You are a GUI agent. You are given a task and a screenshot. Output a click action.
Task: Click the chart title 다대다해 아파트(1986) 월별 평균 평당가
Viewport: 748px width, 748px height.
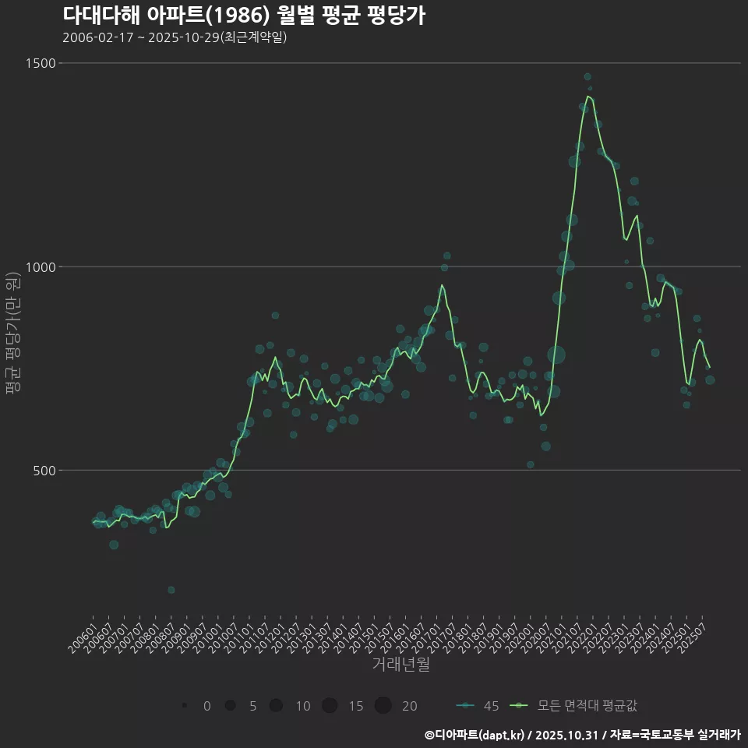tap(243, 16)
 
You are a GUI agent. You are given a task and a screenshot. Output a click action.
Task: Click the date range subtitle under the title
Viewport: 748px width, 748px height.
tap(175, 37)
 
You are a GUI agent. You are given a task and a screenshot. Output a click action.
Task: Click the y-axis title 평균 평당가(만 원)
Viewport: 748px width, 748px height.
tap(12, 335)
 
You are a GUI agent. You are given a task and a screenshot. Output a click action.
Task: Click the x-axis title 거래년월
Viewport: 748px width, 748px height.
tap(400, 664)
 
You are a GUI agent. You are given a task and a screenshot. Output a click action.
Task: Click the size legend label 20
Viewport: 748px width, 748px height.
tap(409, 706)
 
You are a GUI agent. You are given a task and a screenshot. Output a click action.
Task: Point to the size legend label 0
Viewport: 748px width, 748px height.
tap(206, 706)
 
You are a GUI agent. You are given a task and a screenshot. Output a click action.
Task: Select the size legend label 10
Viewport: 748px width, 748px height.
tap(302, 706)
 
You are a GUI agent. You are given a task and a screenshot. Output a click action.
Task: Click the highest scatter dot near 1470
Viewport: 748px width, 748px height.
tap(587, 77)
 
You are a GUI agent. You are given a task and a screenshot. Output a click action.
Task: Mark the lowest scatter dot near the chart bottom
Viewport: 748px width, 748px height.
tap(171, 590)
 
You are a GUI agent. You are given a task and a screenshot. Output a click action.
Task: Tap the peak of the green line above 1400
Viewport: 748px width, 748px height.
tap(589, 97)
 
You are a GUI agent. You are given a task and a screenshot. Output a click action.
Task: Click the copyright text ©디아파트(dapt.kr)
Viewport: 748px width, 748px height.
tap(475, 734)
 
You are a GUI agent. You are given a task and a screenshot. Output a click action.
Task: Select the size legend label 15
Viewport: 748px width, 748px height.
tap(355, 706)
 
